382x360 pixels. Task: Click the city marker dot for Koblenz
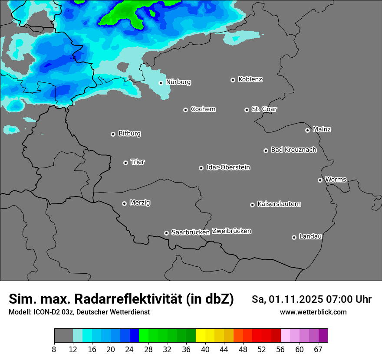coord(233,80)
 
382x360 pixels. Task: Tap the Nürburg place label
coord(178,82)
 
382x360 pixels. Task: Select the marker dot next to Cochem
coord(185,110)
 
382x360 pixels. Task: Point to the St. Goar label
coord(264,109)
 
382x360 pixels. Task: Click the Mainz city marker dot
coord(307,130)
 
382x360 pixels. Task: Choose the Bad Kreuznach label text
coord(293,150)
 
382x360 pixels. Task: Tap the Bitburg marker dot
coord(113,134)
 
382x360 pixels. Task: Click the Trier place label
coord(138,162)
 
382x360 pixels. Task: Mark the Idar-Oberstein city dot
coord(201,168)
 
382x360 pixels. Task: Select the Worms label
coord(336,179)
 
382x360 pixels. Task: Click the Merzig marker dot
coord(124,203)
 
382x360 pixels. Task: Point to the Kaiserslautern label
coord(279,204)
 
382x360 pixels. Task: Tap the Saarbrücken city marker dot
coord(166,233)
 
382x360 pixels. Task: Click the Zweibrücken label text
coord(231,231)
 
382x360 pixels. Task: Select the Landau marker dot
coord(294,237)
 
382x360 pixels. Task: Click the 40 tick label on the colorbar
coord(205,349)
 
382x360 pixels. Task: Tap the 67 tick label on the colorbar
coord(318,349)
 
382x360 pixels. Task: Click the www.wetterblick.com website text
coord(313,312)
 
